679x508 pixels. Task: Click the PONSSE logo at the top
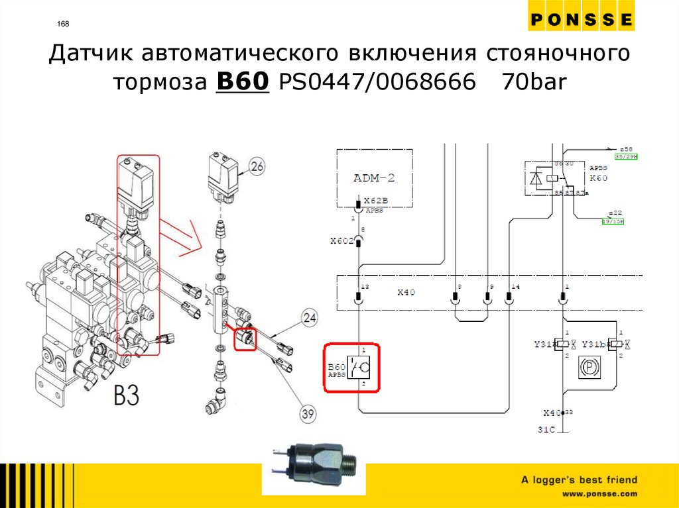(x=582, y=21)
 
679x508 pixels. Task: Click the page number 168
(x=64, y=25)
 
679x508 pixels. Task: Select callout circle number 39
(x=307, y=415)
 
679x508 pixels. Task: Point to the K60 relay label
(x=598, y=178)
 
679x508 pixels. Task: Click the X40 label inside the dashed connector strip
(x=406, y=292)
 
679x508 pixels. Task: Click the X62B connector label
(x=376, y=201)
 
